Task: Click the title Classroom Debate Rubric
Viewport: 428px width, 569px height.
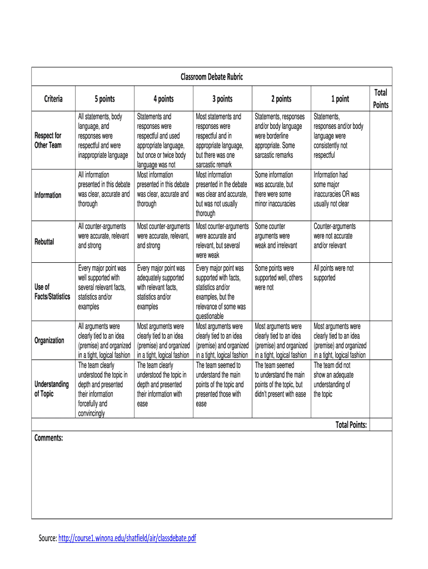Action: point(211,77)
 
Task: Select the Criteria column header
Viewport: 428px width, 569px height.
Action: point(53,99)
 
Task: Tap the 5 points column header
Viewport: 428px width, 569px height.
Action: point(104,99)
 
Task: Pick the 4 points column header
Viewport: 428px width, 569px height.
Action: point(163,99)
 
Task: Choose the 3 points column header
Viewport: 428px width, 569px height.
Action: point(222,99)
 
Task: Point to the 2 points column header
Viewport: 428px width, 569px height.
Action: point(281,99)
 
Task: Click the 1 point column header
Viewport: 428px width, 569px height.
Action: point(340,99)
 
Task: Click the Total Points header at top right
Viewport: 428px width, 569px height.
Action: point(381,98)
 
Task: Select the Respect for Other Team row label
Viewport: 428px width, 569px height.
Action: point(48,140)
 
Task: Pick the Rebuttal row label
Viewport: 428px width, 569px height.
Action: point(44,242)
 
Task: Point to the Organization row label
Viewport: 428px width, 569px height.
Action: point(49,340)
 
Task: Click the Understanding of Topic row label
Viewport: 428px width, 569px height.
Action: point(51,389)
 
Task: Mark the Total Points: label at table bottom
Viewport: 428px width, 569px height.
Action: point(351,425)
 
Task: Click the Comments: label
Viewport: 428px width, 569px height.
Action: point(49,438)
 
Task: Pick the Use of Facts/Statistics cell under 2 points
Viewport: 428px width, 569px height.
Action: point(278,277)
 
